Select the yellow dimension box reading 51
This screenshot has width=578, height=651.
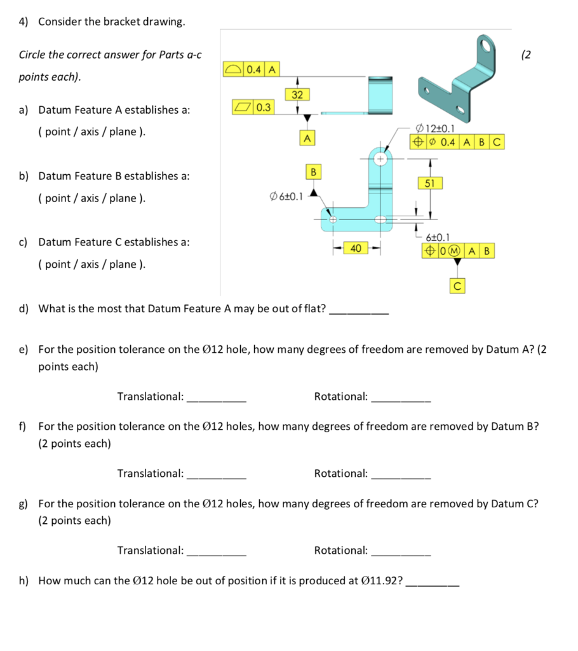tap(430, 183)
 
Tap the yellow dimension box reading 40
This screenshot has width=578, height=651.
tap(355, 249)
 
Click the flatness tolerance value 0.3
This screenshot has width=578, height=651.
tap(264, 107)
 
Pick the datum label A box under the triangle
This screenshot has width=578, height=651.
tap(307, 137)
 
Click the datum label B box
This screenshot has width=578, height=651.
tap(313, 172)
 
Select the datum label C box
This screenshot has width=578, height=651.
tap(457, 287)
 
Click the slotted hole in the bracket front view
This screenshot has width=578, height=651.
tap(381, 219)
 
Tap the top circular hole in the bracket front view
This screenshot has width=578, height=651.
tap(381, 159)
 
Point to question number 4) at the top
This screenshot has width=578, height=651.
tap(25, 22)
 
